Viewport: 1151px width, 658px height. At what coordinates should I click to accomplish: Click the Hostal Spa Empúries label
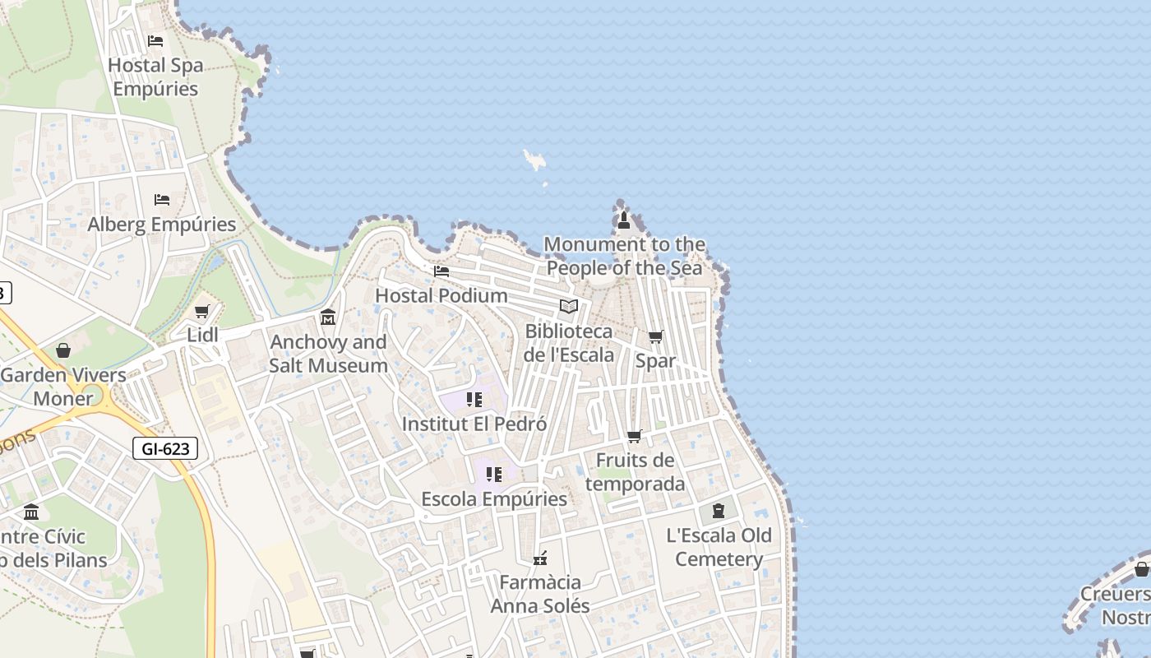pos(155,76)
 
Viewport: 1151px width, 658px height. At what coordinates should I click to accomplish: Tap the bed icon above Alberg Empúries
pos(162,200)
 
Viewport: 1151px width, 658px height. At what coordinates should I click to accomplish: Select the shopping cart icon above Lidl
pos(202,312)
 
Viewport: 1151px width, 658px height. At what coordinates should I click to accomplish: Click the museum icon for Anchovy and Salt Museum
pos(328,317)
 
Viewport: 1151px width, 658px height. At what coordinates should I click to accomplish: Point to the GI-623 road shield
pos(165,448)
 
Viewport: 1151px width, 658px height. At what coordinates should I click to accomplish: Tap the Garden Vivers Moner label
pos(63,387)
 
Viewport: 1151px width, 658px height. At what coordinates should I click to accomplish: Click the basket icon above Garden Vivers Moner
pos(63,351)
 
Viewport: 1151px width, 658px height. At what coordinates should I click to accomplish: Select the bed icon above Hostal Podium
pos(441,271)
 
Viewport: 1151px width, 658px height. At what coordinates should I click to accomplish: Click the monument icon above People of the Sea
pos(623,220)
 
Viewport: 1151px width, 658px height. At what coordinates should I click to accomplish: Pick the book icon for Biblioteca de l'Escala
pos(568,307)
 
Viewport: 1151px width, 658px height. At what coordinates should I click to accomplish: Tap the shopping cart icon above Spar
pos(655,337)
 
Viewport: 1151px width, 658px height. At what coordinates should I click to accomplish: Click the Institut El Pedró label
pos(474,424)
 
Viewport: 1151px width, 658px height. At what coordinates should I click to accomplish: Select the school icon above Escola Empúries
pos(494,475)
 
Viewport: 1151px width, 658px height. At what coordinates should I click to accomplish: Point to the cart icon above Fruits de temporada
pos(634,437)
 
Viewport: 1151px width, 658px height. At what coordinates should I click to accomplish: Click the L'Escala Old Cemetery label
pos(719,547)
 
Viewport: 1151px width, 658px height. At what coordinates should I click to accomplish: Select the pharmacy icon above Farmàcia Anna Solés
pos(540,558)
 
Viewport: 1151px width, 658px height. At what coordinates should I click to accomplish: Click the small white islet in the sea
pos(535,160)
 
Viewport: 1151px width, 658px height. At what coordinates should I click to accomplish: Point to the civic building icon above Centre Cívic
pos(31,512)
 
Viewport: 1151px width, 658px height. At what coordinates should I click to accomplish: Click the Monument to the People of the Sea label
pos(624,256)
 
